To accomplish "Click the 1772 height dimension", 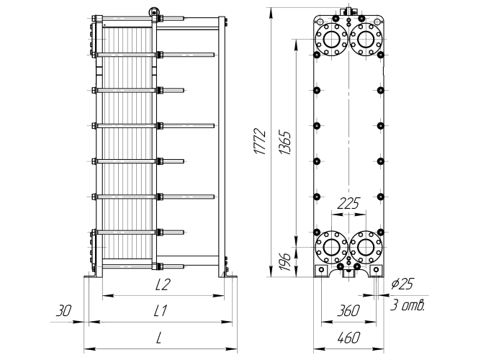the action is click(260, 141).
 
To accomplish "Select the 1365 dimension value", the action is click(285, 143).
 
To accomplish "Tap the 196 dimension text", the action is click(285, 261).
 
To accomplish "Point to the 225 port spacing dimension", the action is click(348, 204).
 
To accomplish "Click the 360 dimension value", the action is click(348, 310).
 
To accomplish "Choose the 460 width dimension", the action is click(348, 338).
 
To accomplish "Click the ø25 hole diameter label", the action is click(402, 284).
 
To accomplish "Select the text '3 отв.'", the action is click(407, 305).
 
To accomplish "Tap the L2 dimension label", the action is click(163, 284).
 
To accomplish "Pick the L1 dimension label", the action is click(161, 310).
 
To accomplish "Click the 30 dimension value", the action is click(63, 310).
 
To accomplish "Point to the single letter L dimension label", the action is click(159, 338).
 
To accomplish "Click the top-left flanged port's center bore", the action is click(331, 39).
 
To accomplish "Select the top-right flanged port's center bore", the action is click(366, 39).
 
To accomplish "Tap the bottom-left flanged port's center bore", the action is click(331, 247).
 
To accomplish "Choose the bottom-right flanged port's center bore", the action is click(366, 247).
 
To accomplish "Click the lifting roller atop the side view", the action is click(153, 12).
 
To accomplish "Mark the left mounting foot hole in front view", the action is click(321, 270).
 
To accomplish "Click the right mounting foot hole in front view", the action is click(376, 270).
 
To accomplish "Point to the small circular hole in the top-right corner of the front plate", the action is click(377, 21).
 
